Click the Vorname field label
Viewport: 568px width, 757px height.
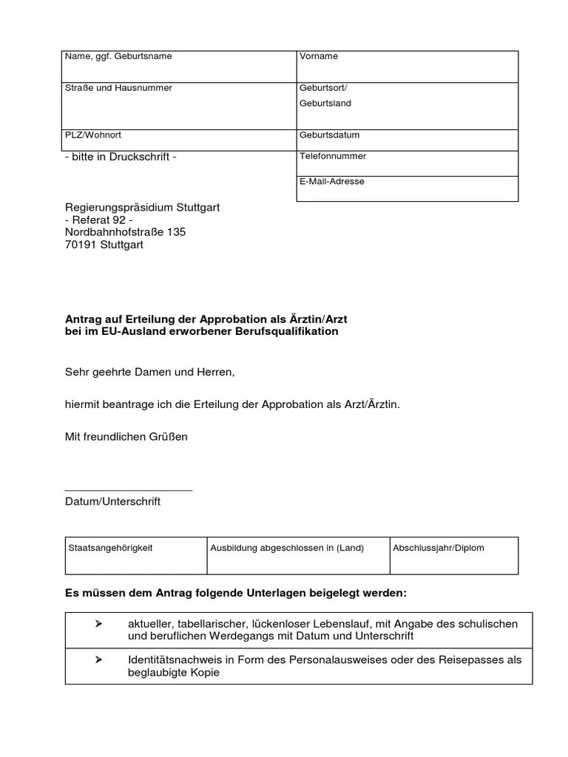[x=319, y=57]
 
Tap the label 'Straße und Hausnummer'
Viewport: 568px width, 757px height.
[x=119, y=88]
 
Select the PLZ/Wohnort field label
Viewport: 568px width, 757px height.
[x=93, y=136]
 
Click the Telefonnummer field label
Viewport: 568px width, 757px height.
[x=333, y=157]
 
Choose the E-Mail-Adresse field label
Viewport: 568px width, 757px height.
[x=332, y=181]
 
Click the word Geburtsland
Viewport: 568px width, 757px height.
[x=325, y=103]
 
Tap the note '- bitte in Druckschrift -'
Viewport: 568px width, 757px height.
[x=121, y=157]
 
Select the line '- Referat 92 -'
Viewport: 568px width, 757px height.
[x=99, y=220]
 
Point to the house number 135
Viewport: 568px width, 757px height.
[x=176, y=232]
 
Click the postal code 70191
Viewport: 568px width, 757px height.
[x=81, y=245]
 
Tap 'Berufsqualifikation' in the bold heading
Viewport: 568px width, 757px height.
[x=290, y=332]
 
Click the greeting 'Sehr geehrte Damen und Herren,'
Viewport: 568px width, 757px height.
[x=149, y=373]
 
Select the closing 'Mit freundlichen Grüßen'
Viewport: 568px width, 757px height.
[x=126, y=437]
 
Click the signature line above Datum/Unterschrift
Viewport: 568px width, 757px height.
[x=129, y=490]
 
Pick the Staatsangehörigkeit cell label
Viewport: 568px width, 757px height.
[x=110, y=549]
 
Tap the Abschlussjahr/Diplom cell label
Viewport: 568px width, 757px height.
[x=439, y=549]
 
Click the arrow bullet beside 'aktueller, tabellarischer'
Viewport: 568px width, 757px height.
[x=98, y=625]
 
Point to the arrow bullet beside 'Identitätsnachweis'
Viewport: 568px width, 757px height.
[x=98, y=659]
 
